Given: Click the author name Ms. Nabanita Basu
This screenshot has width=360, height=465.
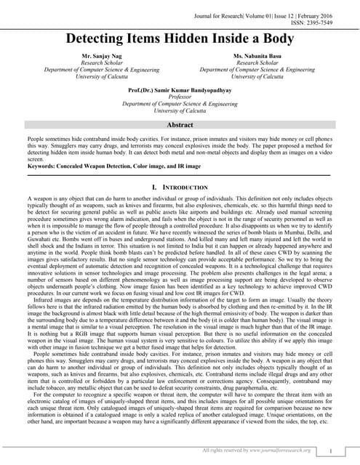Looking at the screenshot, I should click(x=259, y=56).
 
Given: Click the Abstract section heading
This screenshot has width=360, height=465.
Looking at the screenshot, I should click(x=180, y=125).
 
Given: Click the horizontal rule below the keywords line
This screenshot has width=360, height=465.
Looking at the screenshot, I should click(x=180, y=175).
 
